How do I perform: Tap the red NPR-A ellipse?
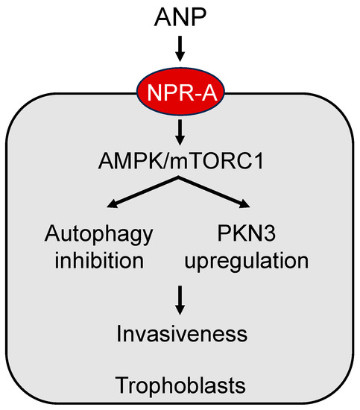[x=180, y=92]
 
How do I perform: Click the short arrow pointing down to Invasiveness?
[x=180, y=300]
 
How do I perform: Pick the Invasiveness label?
[x=180, y=332]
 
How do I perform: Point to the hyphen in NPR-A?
[x=188, y=92]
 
